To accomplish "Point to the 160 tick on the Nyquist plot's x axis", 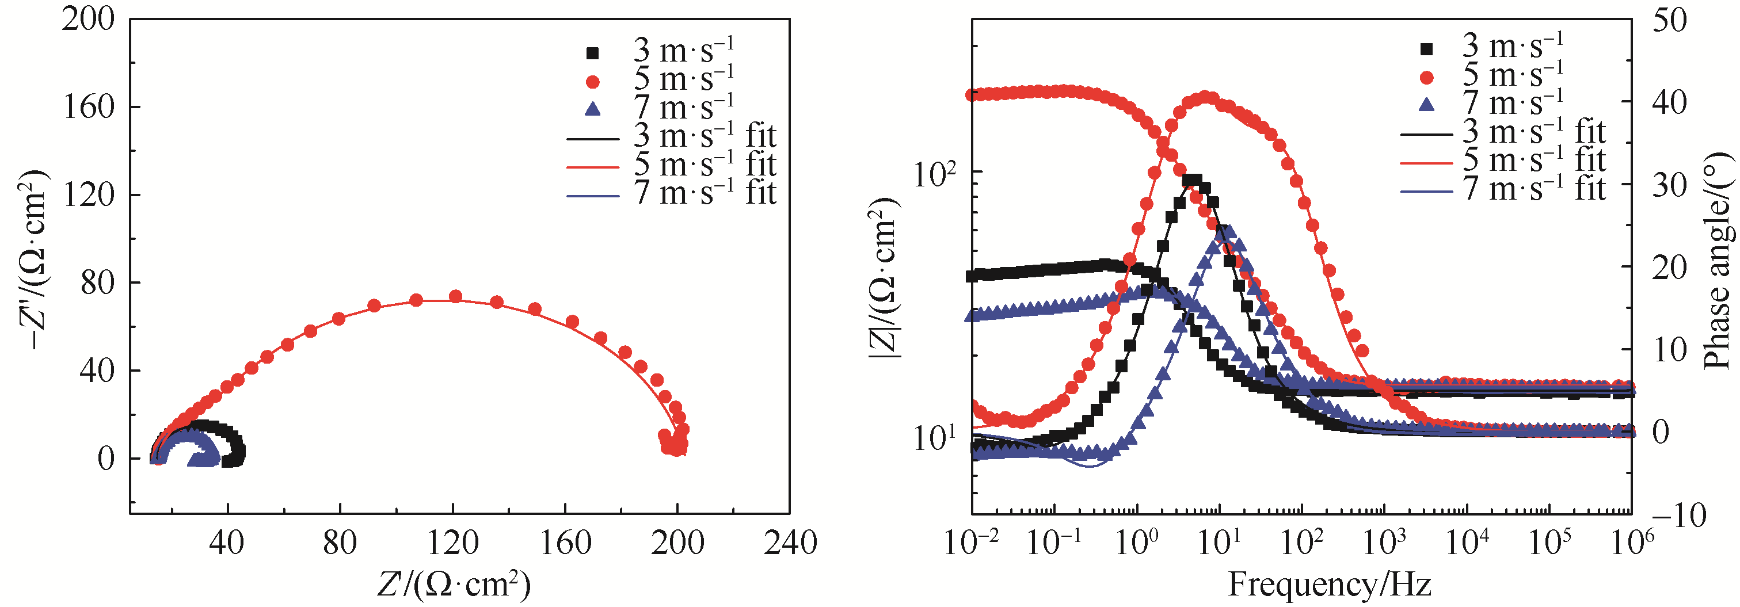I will [x=565, y=542].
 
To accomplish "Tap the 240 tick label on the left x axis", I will [x=790, y=542].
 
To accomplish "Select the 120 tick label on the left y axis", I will [x=88, y=195].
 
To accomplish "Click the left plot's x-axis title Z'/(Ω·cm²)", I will [x=454, y=584].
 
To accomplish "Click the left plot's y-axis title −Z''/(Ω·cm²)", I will [x=34, y=260].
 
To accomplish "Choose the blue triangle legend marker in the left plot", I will [x=592, y=109].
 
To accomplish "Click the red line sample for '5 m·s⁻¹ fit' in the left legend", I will [x=592, y=167].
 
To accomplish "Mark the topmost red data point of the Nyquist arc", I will [x=455, y=296].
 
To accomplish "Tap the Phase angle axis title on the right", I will [x=1720, y=260].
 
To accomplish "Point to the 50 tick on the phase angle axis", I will [x=1669, y=20].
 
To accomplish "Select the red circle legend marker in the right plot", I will [x=1426, y=78].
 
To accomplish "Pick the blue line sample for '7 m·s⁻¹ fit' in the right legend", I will [x=1426, y=192].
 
